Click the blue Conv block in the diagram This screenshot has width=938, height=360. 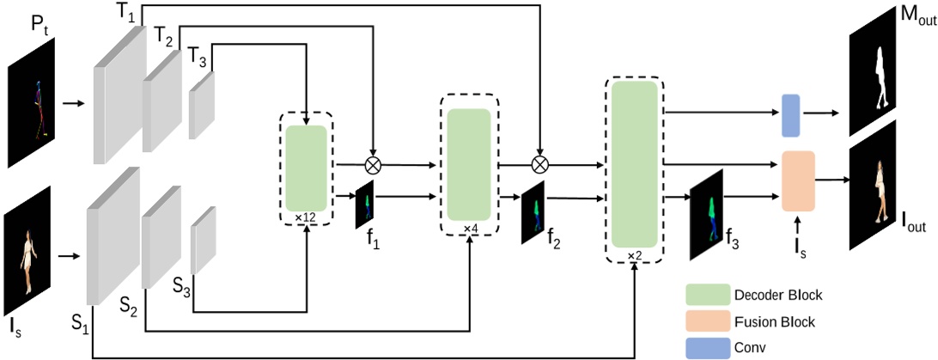coord(790,116)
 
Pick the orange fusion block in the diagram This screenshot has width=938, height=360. coord(797,180)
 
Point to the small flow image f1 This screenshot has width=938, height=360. coord(367,204)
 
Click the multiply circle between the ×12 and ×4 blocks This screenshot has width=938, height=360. coord(372,162)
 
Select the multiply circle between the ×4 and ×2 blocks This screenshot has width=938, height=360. coord(539,162)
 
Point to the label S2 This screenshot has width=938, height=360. coord(130,304)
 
